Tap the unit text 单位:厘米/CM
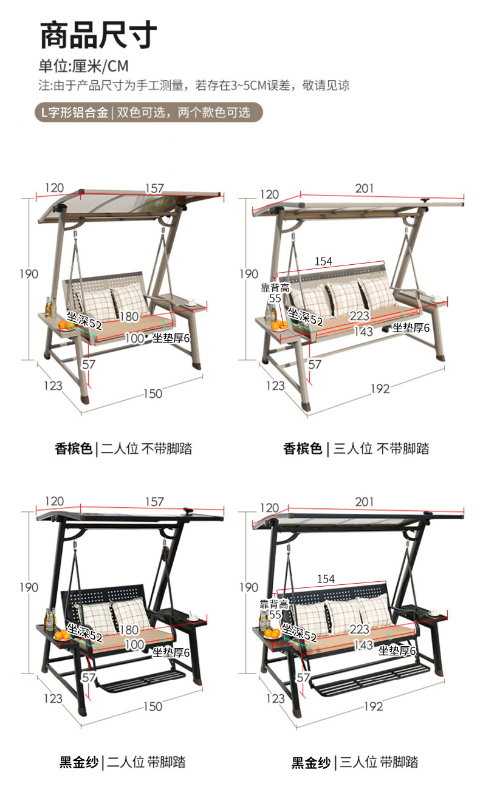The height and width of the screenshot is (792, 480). point(84,66)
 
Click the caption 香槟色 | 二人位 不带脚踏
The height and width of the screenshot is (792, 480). point(123,449)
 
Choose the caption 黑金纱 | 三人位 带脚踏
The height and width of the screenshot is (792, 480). point(354,762)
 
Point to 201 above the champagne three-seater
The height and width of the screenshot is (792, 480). point(365,189)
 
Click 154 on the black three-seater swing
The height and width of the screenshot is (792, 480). point(326,579)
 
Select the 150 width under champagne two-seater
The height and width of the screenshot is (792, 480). point(153,394)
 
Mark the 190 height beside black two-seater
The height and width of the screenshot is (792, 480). point(28,587)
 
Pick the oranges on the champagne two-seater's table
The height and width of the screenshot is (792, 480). point(66,326)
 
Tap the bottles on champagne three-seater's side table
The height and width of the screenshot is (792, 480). point(270,311)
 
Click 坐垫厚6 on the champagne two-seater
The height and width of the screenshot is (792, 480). point(171,338)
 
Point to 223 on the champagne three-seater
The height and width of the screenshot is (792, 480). point(359,316)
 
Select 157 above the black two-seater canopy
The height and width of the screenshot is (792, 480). point(154,502)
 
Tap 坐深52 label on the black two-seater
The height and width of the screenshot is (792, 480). point(84,632)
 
